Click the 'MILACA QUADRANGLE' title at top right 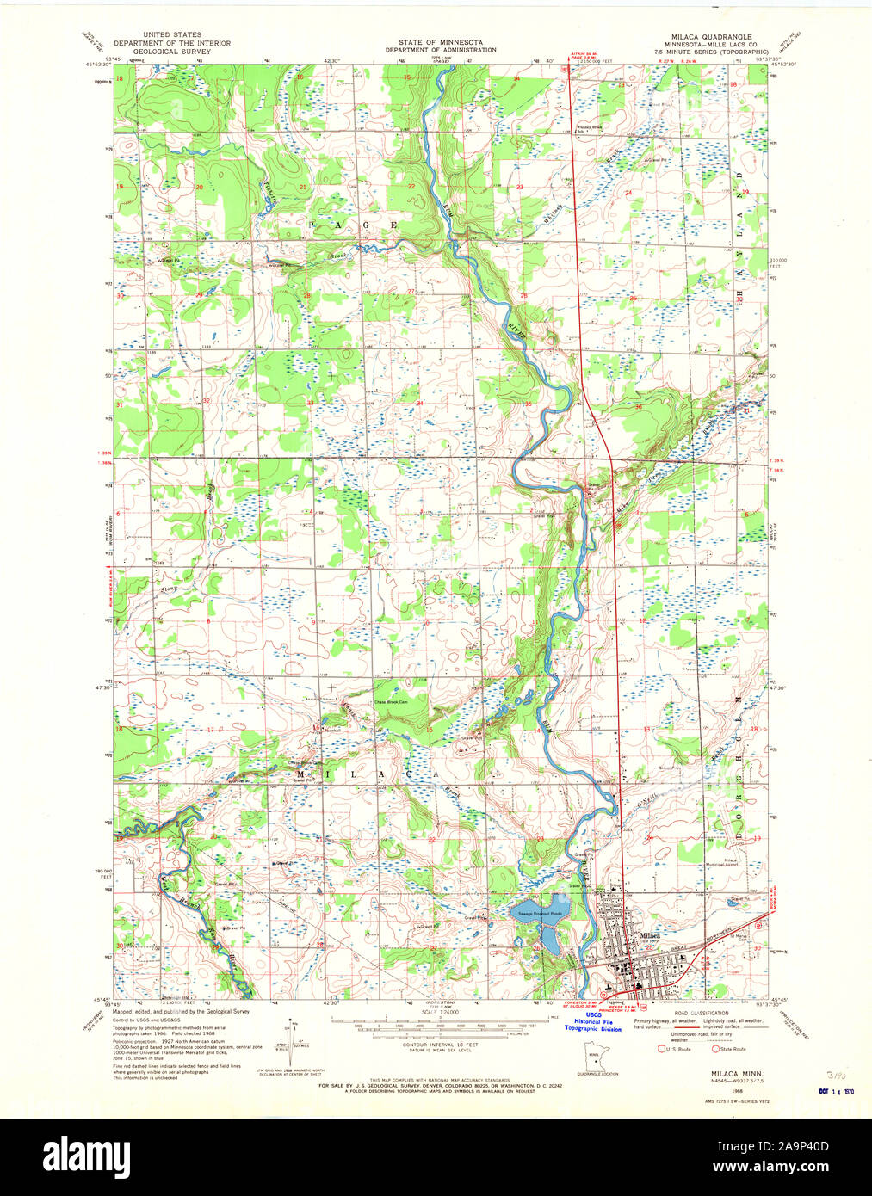pyautogui.click(x=710, y=37)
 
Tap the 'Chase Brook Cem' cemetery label pyautogui.click(x=390, y=701)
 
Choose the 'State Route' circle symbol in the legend pyautogui.click(x=715, y=1049)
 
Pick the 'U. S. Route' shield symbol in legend pyautogui.click(x=661, y=1049)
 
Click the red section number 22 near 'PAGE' pyautogui.click(x=411, y=187)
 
